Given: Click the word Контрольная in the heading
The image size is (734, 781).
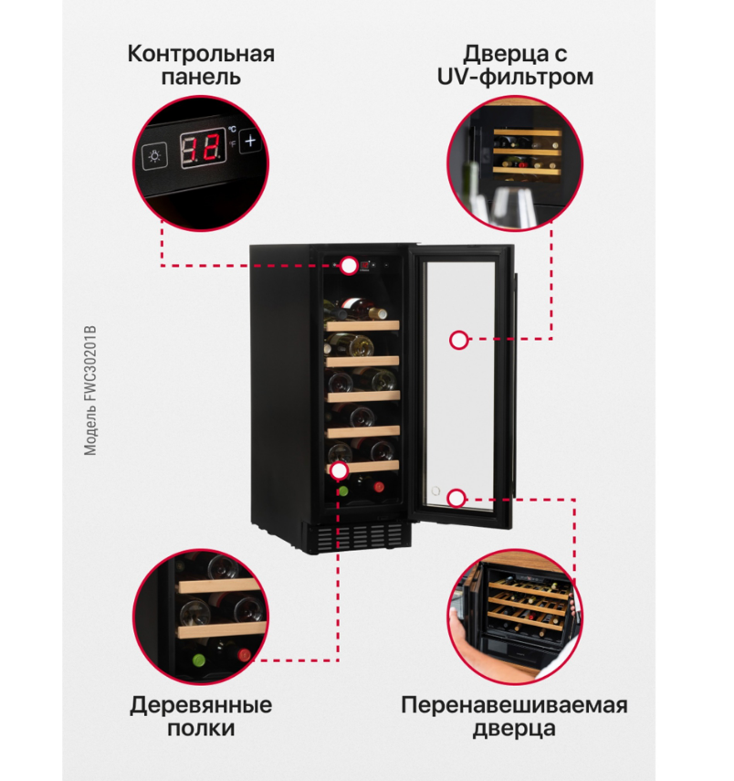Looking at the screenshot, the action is click(201, 54).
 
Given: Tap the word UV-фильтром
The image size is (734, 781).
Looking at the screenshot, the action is click(516, 78).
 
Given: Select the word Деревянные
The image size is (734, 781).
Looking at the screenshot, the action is click(201, 705).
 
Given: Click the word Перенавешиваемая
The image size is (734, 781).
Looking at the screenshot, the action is click(514, 705).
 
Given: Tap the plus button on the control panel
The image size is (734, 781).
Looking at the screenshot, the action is click(250, 142).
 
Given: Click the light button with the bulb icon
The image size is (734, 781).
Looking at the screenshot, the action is click(155, 156).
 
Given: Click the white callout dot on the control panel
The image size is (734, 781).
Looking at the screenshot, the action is click(349, 266).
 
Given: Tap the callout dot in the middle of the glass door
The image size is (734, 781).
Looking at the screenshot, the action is click(458, 340).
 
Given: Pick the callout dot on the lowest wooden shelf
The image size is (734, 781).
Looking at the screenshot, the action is click(339, 470).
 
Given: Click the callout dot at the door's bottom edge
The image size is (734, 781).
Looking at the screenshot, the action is click(456, 498).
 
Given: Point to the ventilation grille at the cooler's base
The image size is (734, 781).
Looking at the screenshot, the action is click(360, 537).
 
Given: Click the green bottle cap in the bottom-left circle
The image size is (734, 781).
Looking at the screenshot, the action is click(199, 660).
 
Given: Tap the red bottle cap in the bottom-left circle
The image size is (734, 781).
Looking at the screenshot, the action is click(244, 654).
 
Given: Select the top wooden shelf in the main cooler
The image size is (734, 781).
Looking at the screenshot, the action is click(362, 326).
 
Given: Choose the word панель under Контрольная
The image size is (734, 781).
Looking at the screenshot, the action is click(201, 78).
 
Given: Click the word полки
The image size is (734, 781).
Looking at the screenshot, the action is click(201, 728).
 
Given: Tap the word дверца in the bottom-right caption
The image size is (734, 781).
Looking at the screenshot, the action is click(514, 729).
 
